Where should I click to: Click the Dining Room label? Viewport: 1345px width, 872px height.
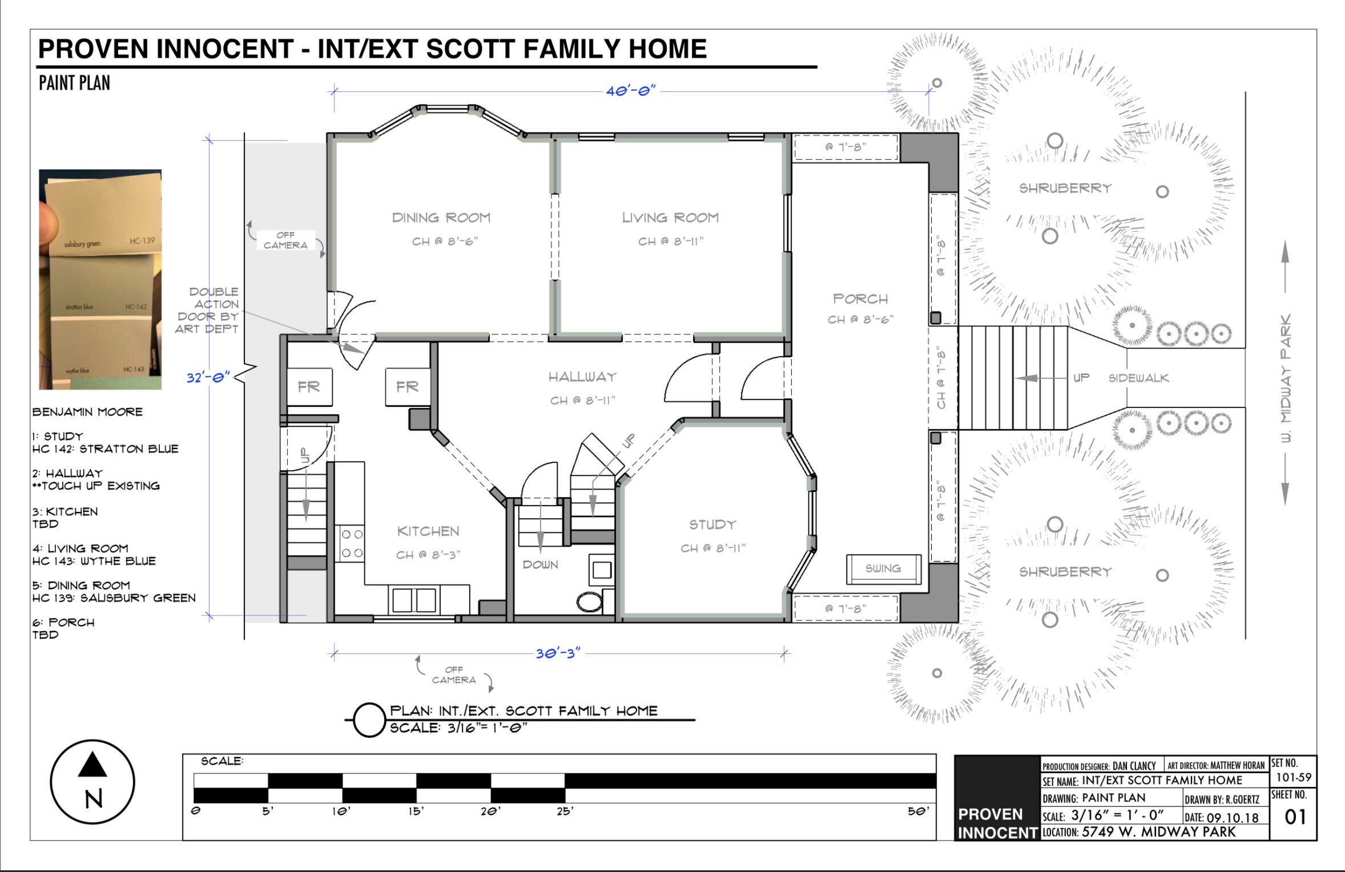pyautogui.click(x=441, y=217)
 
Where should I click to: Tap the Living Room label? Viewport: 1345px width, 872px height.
pyautogui.click(x=670, y=217)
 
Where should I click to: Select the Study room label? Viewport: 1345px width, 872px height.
pyautogui.click(x=712, y=524)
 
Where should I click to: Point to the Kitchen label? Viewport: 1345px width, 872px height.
pyautogui.click(x=428, y=531)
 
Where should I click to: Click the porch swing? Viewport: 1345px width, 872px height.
pyautogui.click(x=883, y=569)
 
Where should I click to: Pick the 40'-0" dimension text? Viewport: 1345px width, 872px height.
pyautogui.click(x=631, y=91)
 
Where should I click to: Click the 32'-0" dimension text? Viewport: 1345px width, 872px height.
pyautogui.click(x=208, y=377)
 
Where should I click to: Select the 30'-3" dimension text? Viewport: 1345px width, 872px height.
pyautogui.click(x=558, y=653)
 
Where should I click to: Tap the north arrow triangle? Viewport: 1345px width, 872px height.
pyautogui.click(x=92, y=765)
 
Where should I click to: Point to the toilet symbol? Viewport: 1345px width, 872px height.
pyautogui.click(x=590, y=601)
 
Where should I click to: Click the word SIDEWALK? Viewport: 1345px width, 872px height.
pyautogui.click(x=1138, y=378)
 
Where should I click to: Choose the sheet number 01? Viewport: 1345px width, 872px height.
pyautogui.click(x=1295, y=817)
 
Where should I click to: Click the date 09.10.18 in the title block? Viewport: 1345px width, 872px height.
pyautogui.click(x=1233, y=818)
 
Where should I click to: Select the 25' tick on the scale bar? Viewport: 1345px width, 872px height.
pyautogui.click(x=565, y=811)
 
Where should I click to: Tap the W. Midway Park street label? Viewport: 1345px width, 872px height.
pyautogui.click(x=1285, y=378)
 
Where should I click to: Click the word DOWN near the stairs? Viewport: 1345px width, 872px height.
pyautogui.click(x=540, y=564)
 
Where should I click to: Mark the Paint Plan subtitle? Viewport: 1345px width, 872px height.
pyautogui.click(x=74, y=83)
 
